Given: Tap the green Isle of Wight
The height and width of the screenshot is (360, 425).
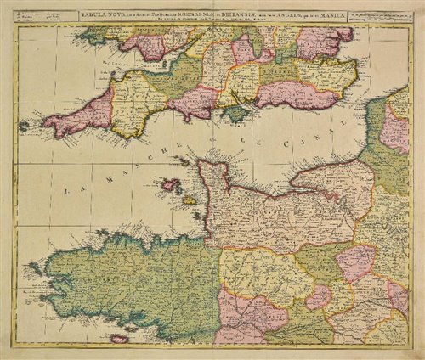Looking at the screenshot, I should (x=233, y=112).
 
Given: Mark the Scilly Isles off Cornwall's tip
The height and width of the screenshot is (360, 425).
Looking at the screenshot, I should (x=23, y=127).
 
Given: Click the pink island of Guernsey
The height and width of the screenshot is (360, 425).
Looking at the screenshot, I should (x=171, y=184).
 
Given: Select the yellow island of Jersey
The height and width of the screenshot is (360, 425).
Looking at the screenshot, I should (x=190, y=201).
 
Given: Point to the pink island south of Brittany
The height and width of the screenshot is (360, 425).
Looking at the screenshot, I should (x=120, y=339).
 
